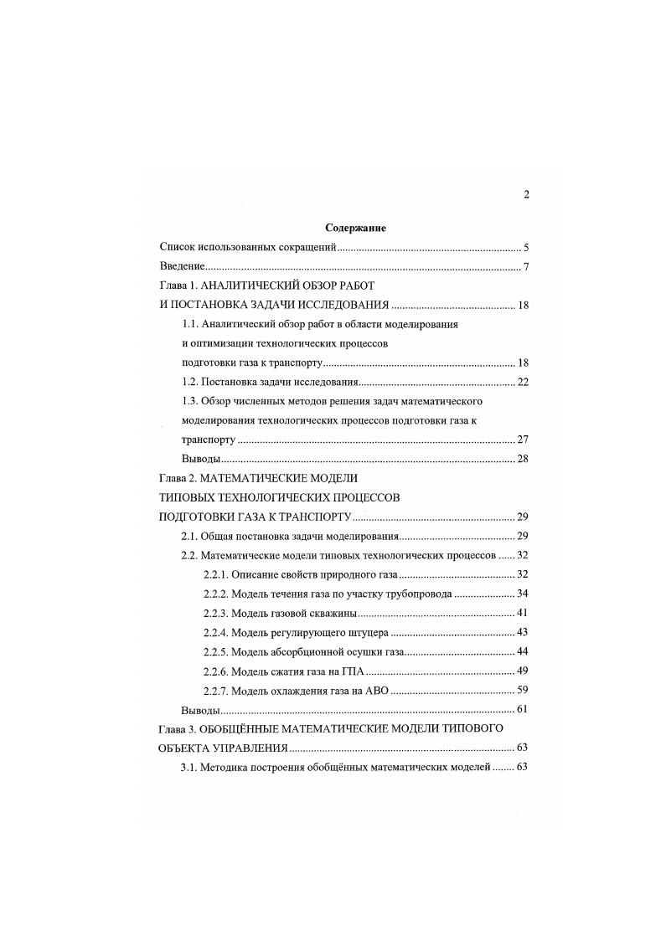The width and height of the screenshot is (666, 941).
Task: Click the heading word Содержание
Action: [354, 228]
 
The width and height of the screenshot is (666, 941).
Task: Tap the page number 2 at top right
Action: [526, 195]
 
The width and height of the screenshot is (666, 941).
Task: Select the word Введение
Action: [183, 267]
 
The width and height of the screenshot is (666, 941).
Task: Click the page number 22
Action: [523, 382]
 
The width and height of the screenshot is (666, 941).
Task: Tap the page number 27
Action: [523, 440]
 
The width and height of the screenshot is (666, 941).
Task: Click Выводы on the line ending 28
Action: [201, 459]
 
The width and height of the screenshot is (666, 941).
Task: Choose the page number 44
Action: [523, 651]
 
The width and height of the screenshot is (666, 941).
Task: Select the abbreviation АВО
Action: [377, 690]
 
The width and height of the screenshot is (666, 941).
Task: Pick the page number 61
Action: [523, 709]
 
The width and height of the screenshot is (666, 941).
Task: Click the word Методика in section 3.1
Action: [225, 767]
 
